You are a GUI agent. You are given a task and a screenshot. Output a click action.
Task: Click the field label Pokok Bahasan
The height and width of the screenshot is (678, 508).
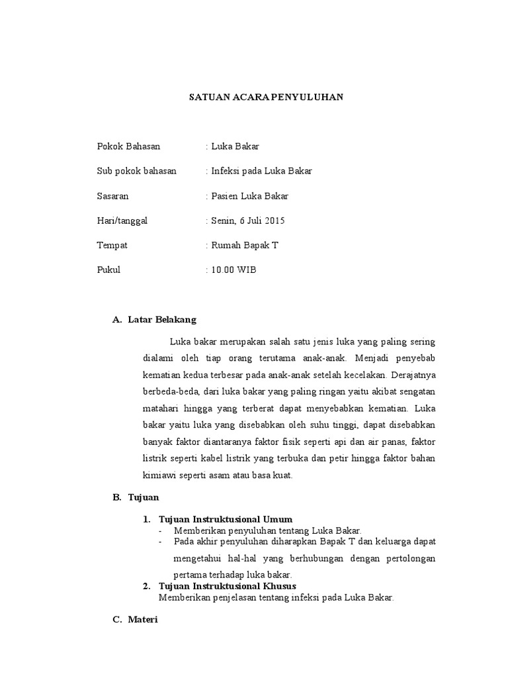pyautogui.click(x=128, y=146)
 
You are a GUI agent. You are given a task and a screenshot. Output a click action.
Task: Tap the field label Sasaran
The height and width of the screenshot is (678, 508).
pyautogui.click(x=113, y=196)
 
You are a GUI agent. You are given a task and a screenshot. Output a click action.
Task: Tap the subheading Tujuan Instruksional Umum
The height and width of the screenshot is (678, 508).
pyautogui.click(x=226, y=518)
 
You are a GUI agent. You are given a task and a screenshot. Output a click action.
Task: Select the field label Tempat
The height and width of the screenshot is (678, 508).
pyautogui.click(x=112, y=245)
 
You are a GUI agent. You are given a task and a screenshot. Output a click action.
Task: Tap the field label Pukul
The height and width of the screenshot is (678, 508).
pyautogui.click(x=108, y=269)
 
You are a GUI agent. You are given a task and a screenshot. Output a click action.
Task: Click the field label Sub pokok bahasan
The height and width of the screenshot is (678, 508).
pyautogui.click(x=136, y=171)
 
